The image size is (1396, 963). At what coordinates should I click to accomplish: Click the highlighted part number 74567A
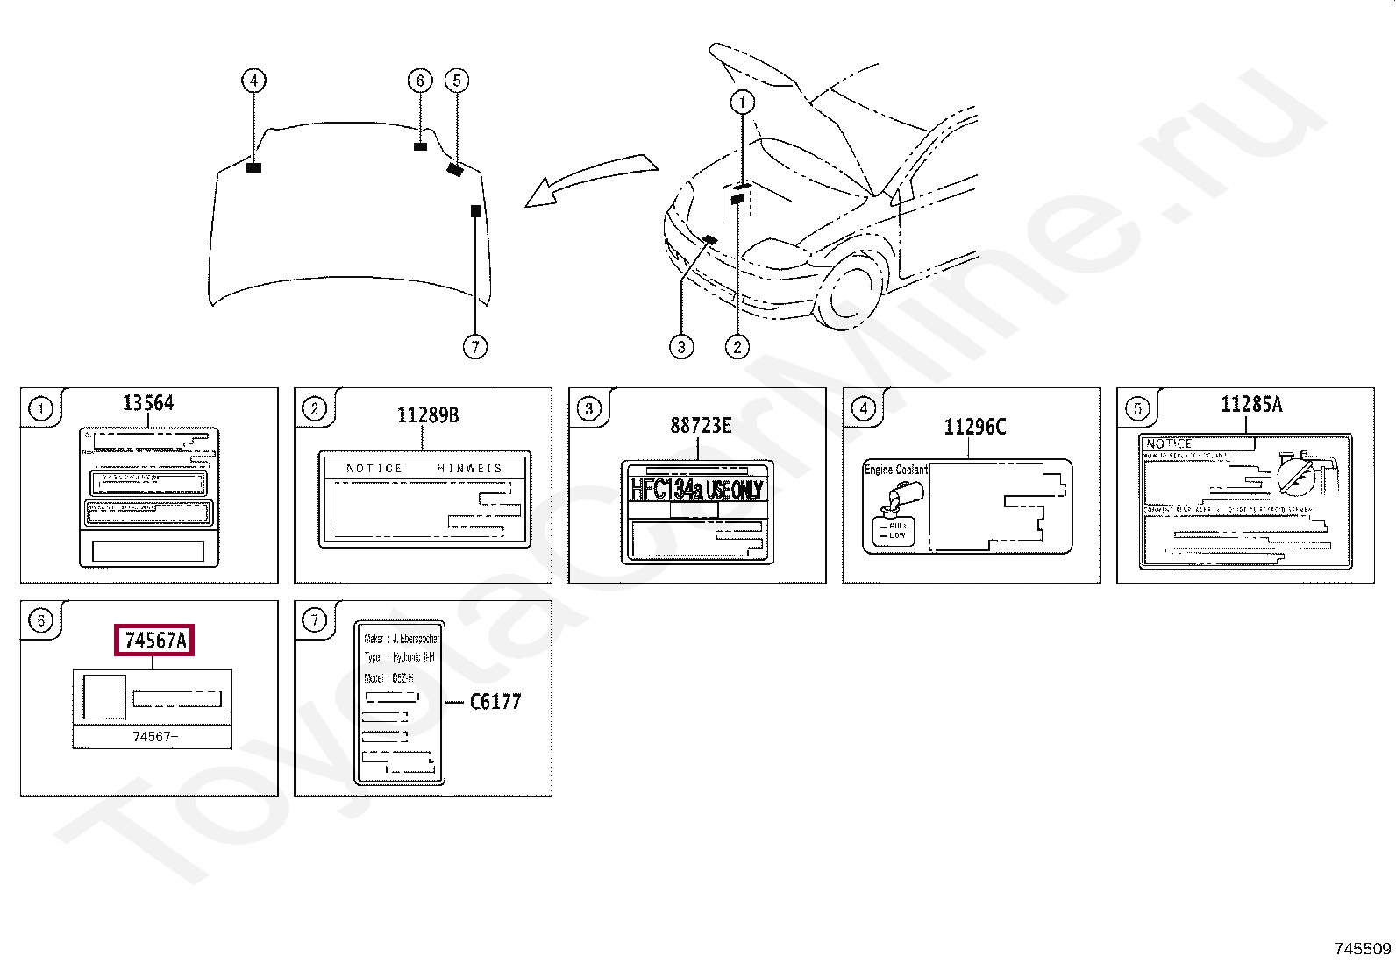point(155,641)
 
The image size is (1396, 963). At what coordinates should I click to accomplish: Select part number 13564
point(148,402)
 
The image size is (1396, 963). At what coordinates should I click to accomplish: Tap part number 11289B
point(428,414)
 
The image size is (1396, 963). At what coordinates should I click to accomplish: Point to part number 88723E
point(701,425)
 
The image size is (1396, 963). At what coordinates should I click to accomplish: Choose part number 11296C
point(974,427)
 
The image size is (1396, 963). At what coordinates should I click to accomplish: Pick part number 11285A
point(1251,404)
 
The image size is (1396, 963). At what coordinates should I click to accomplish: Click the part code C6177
point(495,702)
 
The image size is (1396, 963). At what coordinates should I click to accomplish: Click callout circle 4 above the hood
point(253,81)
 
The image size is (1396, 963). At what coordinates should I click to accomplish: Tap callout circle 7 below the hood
point(474,347)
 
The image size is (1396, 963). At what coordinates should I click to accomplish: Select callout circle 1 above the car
point(743,103)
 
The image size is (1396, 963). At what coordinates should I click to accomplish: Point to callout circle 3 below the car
point(681,347)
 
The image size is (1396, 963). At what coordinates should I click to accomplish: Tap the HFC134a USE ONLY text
point(697,489)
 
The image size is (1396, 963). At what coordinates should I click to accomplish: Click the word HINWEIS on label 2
point(470,468)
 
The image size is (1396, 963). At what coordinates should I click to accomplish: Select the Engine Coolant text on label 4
point(896,470)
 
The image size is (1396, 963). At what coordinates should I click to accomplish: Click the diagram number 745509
point(1362,948)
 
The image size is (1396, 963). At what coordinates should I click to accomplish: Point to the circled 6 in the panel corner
point(40,621)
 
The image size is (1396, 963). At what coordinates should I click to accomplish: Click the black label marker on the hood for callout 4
point(254,167)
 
